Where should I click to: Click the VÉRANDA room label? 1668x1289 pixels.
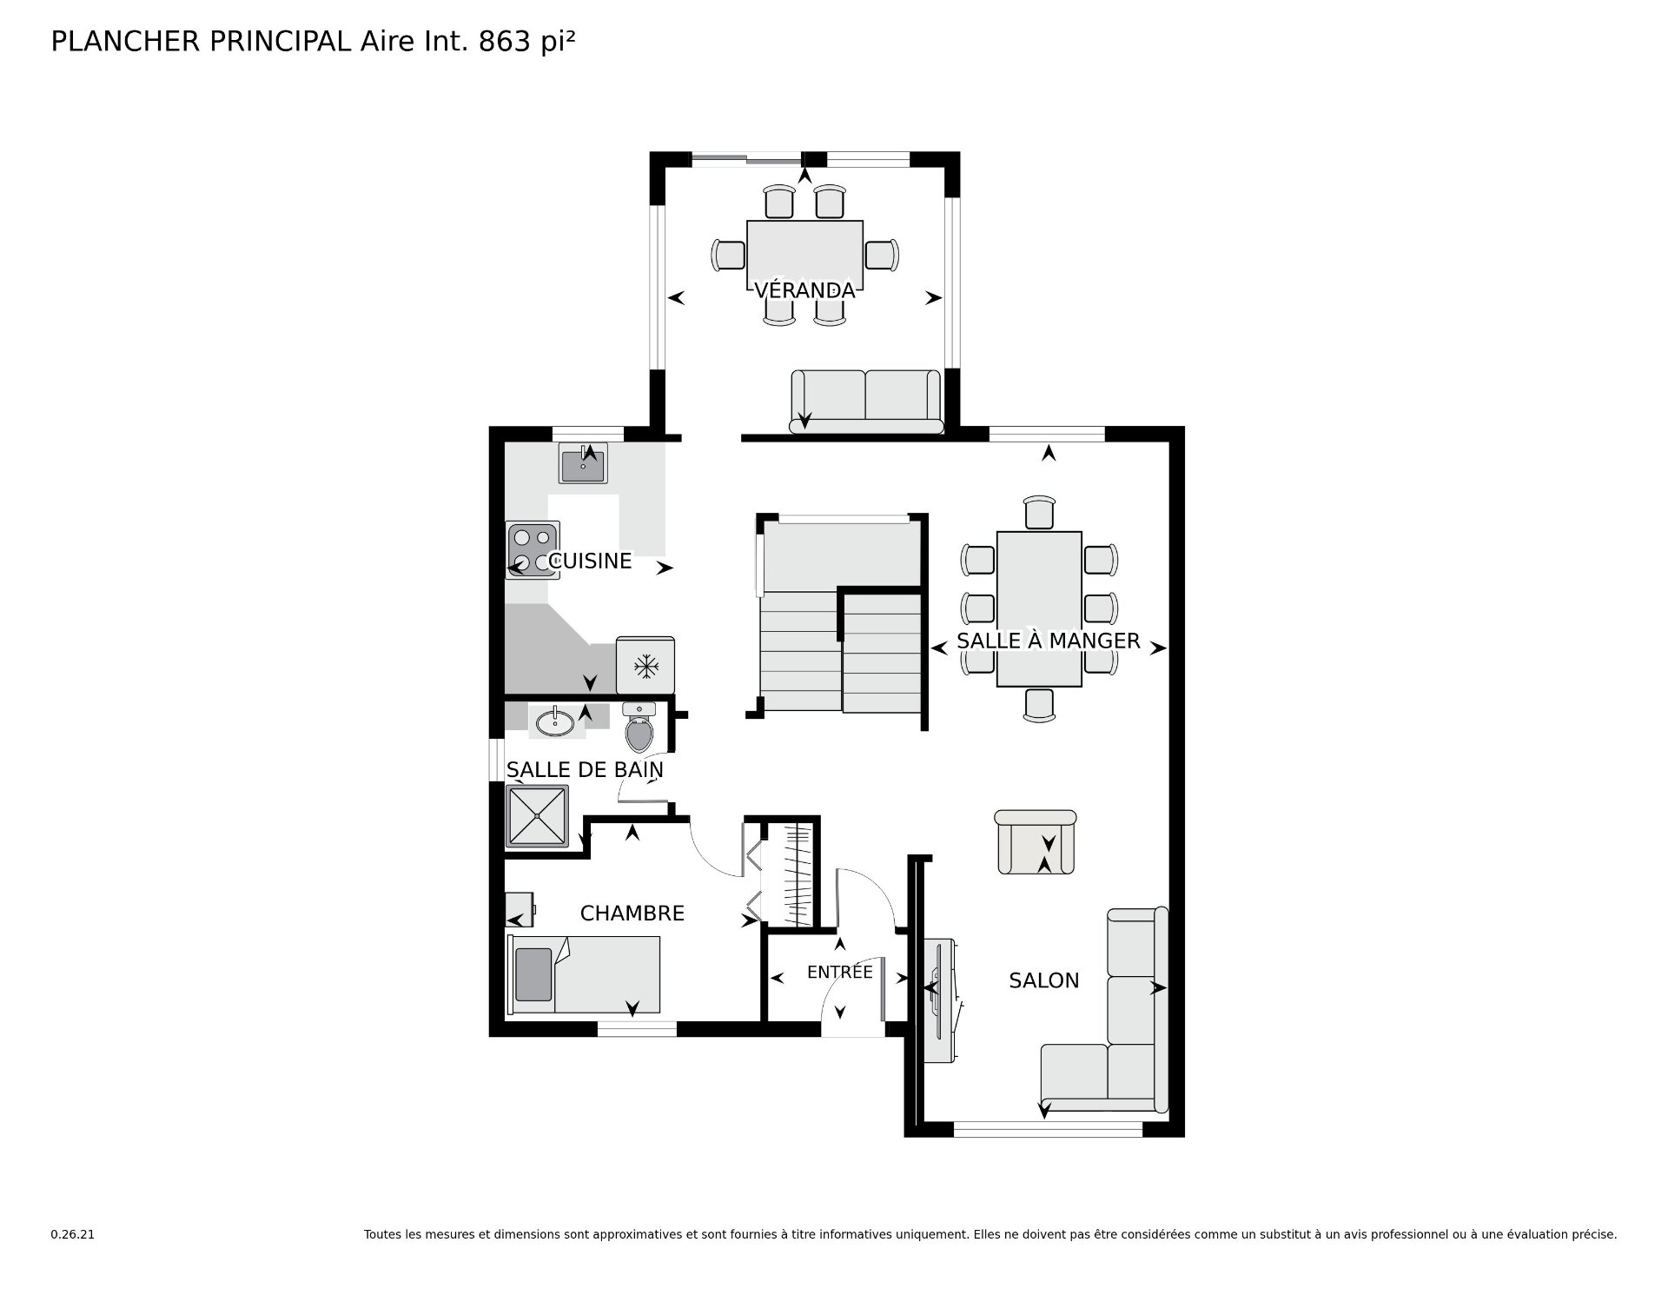tap(804, 289)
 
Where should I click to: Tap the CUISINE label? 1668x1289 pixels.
tap(591, 561)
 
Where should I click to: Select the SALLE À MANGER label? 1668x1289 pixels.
tap(1048, 641)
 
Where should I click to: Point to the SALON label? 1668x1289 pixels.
tap(1043, 980)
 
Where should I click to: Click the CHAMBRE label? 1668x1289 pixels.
tap(632, 914)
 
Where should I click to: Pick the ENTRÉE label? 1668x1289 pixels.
tap(839, 972)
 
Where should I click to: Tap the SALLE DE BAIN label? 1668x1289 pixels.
tap(585, 770)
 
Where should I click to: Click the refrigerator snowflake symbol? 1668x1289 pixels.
tap(645, 668)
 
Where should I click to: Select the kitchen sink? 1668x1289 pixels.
tap(584, 463)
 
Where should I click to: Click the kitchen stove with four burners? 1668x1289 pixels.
tap(533, 550)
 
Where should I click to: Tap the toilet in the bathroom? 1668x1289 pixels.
tap(639, 728)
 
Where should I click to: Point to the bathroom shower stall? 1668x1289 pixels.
tap(538, 816)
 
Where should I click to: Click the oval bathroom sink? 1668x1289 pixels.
tap(555, 721)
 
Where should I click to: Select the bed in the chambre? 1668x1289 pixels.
tap(583, 974)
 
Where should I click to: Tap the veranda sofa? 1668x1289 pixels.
tap(866, 402)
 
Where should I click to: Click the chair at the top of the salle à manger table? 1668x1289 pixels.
tap(1039, 512)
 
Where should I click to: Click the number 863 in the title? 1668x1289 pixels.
tap(505, 42)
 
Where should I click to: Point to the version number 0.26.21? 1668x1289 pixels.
tap(72, 1234)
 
